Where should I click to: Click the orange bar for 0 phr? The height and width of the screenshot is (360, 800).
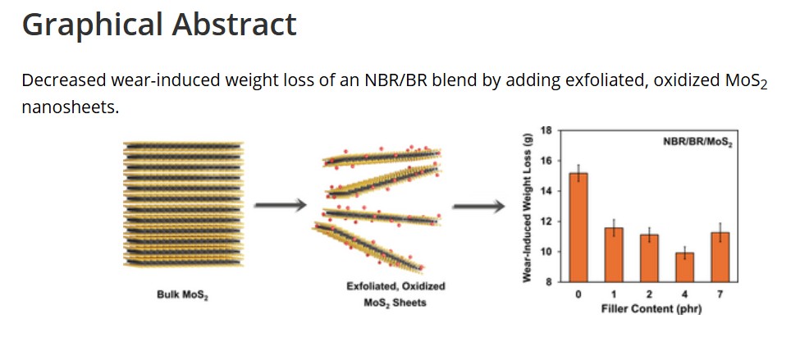[x=578, y=227]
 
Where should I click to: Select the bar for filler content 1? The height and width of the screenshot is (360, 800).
[x=613, y=254]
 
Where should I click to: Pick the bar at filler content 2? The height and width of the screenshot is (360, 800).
[x=649, y=257]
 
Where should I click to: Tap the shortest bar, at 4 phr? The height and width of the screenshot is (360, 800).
[x=684, y=267]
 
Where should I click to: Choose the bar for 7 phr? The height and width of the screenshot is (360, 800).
[x=720, y=256]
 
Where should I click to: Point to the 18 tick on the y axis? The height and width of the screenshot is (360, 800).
[x=549, y=130]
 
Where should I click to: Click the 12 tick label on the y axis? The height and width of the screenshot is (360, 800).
[x=549, y=221]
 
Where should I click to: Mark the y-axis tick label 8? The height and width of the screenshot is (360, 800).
[x=551, y=281]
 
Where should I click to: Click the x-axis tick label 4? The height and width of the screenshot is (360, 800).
[x=684, y=294]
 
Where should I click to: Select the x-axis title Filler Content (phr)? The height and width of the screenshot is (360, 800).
[x=651, y=309]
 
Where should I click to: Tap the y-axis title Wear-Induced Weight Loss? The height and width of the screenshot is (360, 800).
[x=526, y=207]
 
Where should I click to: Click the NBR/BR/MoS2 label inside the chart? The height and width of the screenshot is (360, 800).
[x=697, y=142]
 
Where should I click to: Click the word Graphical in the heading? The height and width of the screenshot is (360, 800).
[x=92, y=25]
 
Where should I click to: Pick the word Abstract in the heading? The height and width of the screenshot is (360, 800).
[x=234, y=25]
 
